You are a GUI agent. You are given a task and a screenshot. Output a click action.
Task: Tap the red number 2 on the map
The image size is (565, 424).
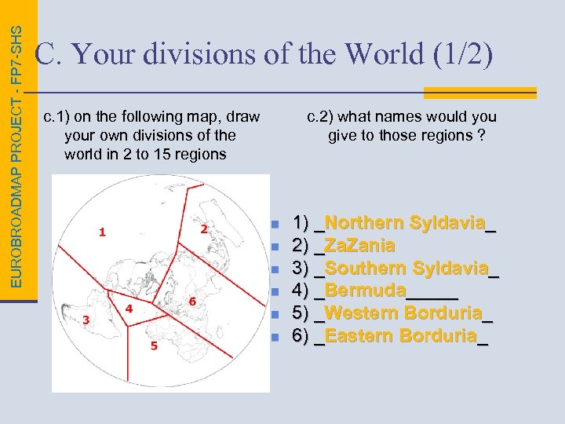coord(204,228)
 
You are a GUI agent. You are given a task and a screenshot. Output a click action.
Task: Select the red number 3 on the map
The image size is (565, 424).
coord(86,320)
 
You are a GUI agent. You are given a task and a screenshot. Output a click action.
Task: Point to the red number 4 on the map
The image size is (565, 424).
coord(129,309)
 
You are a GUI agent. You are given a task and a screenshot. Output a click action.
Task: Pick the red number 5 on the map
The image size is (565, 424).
coord(154,345)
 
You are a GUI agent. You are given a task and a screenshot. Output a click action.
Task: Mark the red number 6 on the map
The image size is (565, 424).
coord(192,302)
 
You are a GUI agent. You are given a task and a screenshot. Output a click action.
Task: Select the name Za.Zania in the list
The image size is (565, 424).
coord(359,246)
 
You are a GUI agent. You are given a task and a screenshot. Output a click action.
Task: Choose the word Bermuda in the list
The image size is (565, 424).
coord(365,291)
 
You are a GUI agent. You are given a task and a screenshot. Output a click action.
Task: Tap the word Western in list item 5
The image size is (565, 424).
coord(361,314)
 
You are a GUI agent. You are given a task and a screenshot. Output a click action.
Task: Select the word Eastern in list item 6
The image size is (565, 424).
coord(359,337)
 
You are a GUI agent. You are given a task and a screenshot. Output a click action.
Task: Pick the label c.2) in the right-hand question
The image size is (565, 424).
coord(321,117)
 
